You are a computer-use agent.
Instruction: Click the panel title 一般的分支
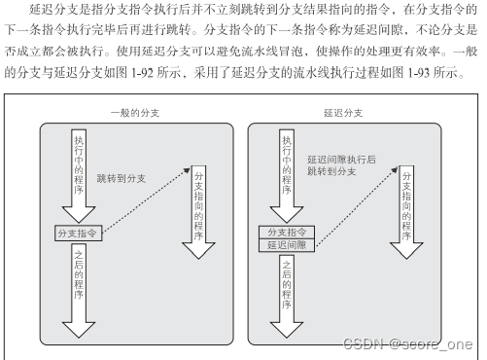tap(133, 113)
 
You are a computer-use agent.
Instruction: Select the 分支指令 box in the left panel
tap(80, 234)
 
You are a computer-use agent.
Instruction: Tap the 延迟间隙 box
tap(287, 246)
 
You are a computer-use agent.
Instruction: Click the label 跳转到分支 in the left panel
tap(122, 179)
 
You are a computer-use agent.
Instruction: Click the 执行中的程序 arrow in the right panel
tap(287, 170)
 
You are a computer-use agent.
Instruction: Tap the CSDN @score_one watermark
tap(425, 344)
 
